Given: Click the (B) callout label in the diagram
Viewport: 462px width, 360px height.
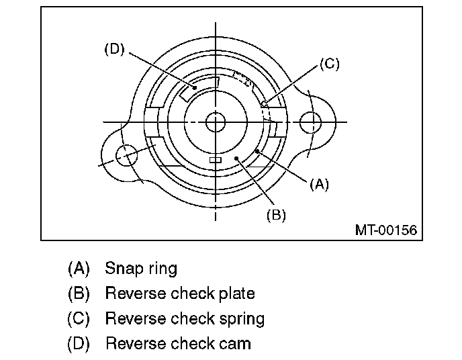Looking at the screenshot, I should click(x=276, y=215).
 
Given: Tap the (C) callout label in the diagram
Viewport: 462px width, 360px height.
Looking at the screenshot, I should click(x=329, y=64).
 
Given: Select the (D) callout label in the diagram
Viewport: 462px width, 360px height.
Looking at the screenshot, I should click(x=115, y=49).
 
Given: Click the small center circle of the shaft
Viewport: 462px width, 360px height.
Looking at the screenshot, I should click(x=216, y=122).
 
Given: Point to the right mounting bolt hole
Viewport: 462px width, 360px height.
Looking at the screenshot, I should click(x=311, y=122).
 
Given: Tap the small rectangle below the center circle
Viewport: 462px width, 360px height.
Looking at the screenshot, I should click(x=216, y=160).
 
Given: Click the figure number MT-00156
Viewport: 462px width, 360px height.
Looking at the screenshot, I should click(x=385, y=230).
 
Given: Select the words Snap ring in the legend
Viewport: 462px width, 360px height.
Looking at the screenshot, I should click(x=141, y=269).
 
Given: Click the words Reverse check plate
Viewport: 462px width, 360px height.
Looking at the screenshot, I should click(x=180, y=294).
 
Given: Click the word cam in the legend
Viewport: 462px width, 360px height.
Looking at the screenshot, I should click(x=237, y=343).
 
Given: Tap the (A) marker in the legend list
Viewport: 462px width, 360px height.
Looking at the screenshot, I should click(x=79, y=269).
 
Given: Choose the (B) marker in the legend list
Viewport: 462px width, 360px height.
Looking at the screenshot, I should click(x=79, y=294).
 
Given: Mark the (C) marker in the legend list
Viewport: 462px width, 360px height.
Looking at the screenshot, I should click(x=79, y=318).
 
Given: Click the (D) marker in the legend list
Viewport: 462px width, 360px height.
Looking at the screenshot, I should click(x=79, y=343).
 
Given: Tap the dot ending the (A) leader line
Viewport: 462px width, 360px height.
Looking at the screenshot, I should click(x=257, y=150).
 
